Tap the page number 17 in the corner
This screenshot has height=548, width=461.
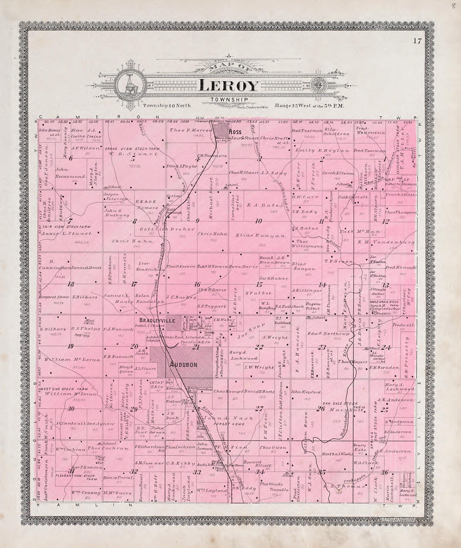click(x=417, y=41)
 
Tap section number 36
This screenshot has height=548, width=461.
click(x=384, y=472)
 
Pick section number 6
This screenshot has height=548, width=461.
click(x=71, y=158)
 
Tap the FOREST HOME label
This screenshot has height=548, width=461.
click(x=229, y=424)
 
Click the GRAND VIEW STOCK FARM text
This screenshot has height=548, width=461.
click(x=132, y=149)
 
